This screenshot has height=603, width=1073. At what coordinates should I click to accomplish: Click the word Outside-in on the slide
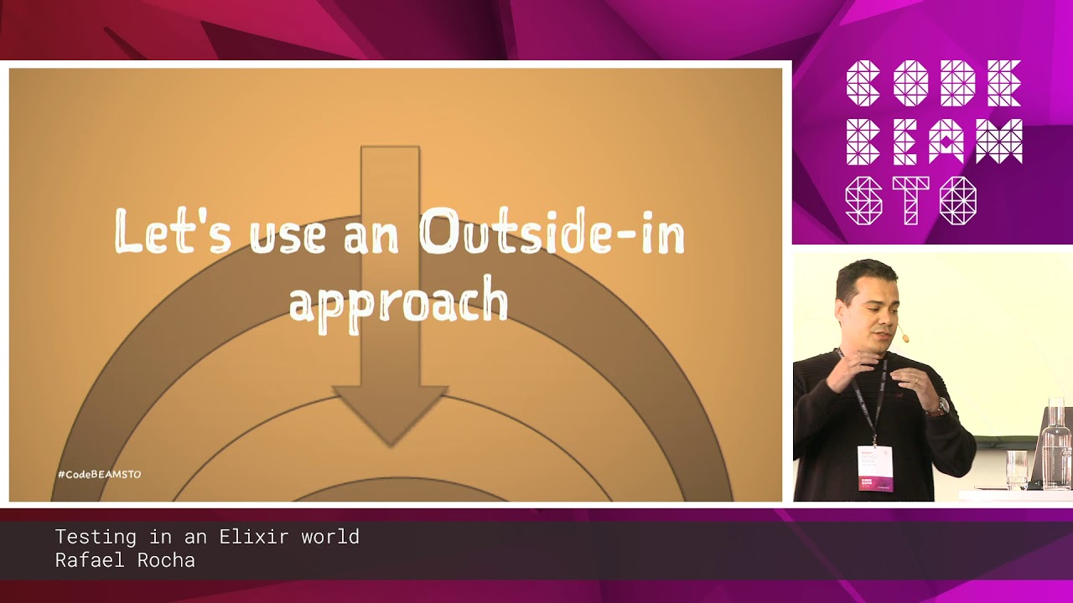click(x=551, y=233)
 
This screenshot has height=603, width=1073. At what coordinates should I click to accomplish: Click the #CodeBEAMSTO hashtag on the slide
click(x=99, y=474)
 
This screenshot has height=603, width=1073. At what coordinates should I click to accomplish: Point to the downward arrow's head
click(x=390, y=410)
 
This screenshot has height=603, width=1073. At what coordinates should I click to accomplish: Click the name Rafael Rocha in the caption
click(x=125, y=560)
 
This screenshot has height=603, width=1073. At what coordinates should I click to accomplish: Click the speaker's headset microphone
click(x=905, y=338)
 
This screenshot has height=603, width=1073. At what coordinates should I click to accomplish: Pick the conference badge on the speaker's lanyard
click(x=874, y=468)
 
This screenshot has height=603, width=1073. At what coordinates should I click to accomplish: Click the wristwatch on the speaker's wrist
click(x=940, y=408)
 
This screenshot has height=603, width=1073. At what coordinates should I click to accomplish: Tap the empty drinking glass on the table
click(x=1016, y=469)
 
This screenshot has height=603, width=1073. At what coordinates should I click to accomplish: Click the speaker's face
click(x=872, y=306)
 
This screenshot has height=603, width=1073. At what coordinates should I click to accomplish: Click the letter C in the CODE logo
click(x=863, y=83)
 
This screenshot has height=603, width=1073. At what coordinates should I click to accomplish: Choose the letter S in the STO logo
click(x=863, y=201)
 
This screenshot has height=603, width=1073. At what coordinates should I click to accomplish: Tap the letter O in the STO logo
click(x=957, y=201)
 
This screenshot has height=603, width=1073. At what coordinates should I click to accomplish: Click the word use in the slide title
click(x=287, y=233)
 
